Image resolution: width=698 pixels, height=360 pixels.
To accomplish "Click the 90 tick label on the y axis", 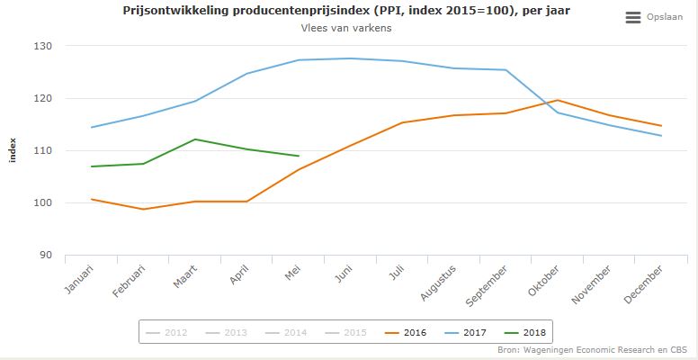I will coord(44,255).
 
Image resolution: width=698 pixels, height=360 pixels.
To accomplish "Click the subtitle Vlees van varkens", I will coord(346,28).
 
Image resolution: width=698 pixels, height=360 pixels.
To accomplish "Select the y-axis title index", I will coord(13,150).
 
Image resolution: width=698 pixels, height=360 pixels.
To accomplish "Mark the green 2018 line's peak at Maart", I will coord(195,139).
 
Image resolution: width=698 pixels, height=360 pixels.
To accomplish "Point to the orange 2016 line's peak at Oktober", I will coord(558,100).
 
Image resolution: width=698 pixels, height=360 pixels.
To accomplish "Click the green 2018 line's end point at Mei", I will coord(299,156).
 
